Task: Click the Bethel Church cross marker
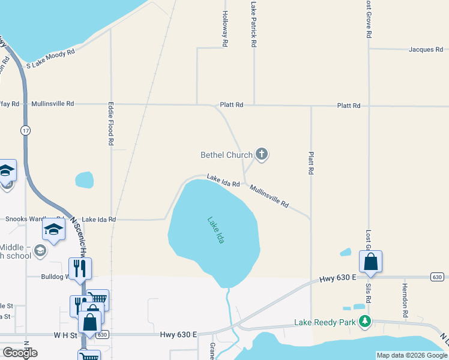point(261,155)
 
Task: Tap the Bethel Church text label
point(226,155)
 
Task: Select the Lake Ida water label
point(216,230)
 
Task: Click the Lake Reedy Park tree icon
point(364,322)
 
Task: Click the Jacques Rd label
point(426,50)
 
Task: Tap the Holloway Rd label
point(224,29)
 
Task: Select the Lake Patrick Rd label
point(254,24)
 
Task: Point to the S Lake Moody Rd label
point(50,58)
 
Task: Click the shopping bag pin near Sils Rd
point(370,262)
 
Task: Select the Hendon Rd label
point(405,300)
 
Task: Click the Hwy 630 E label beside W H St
point(179,334)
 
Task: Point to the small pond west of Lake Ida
point(84,179)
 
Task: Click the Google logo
point(20,352)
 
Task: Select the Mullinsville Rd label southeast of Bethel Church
point(269,196)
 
